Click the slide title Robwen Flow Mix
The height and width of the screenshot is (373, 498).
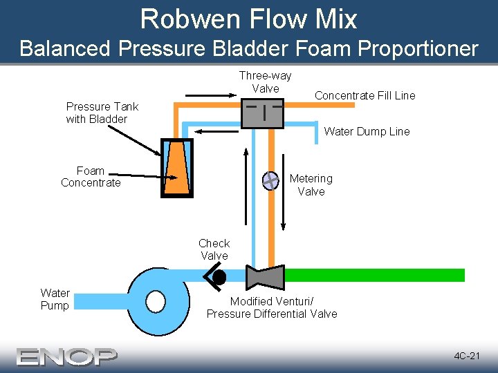(x=248, y=19)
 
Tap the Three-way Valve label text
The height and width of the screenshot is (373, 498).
(x=265, y=82)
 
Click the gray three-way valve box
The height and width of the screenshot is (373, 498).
(x=263, y=113)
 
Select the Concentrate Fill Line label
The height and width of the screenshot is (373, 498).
(x=365, y=96)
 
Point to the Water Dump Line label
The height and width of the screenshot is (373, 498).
(x=367, y=131)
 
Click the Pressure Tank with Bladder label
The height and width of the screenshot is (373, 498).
(x=102, y=113)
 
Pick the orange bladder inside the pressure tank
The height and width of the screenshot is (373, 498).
(x=177, y=170)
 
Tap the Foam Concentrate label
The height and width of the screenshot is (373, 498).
(x=91, y=177)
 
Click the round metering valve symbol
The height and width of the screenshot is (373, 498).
(x=270, y=180)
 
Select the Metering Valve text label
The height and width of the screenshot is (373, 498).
(x=311, y=185)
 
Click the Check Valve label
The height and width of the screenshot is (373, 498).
(x=214, y=249)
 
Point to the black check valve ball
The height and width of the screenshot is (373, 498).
(x=219, y=278)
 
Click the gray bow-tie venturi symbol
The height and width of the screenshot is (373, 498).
(x=265, y=276)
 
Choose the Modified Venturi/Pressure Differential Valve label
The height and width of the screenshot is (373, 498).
(x=272, y=308)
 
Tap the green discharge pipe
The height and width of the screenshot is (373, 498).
(x=373, y=275)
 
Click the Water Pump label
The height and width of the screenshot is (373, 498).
(x=55, y=300)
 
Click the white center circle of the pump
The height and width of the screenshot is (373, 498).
(x=156, y=301)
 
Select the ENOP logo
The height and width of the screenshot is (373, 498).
(x=67, y=356)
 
